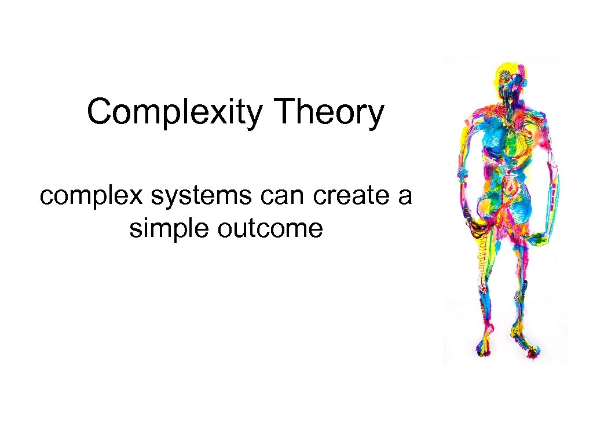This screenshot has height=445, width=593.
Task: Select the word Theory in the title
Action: coord(328,112)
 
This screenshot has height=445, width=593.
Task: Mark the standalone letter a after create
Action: coord(404,197)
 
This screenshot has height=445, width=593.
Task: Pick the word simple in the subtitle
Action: coord(168,228)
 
